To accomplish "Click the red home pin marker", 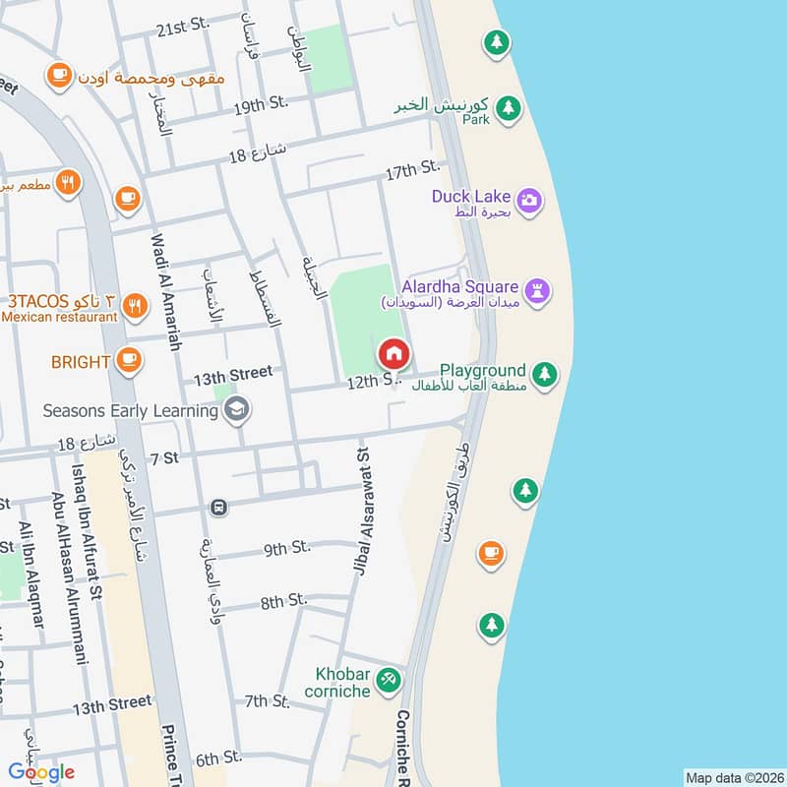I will coord(393,353).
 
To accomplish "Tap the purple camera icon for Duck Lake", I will coord(529,201).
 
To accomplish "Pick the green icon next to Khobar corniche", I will coord(389,679).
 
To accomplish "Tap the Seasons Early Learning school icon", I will coord(235,409).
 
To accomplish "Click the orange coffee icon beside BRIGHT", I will coord(127,361).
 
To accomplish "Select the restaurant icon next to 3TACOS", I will coord(136,308).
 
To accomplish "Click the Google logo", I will coord(41,771).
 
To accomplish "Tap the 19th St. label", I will coord(260,103).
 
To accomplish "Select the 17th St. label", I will coord(411,172).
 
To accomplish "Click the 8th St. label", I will coord(283,600).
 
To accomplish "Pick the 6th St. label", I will coord(218,758).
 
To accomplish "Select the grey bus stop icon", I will coord(218,508).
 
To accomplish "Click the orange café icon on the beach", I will coord(490,554).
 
